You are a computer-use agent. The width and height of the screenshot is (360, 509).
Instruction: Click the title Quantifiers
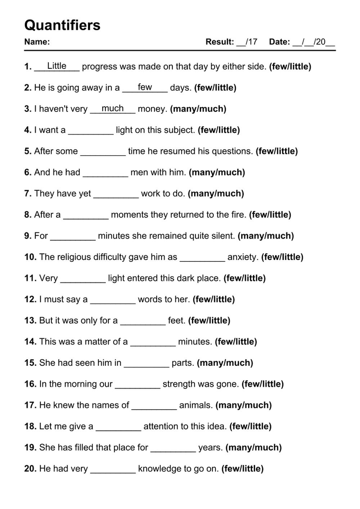62,25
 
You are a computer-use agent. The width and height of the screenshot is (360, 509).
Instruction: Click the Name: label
37,42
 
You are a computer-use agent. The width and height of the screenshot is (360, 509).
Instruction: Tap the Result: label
220,42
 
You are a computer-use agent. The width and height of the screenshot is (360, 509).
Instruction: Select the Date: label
279,42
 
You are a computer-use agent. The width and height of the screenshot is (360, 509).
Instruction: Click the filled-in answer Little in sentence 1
57,66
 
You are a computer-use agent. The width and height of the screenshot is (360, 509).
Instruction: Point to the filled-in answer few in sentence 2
145,87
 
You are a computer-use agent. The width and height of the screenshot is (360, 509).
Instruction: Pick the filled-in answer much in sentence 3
113,108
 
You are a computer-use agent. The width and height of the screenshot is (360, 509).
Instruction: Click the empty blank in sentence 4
91,130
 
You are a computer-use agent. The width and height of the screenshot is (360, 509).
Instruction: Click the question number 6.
28,172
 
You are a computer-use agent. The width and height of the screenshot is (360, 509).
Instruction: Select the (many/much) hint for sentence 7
216,194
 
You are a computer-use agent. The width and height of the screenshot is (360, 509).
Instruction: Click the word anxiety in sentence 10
243,257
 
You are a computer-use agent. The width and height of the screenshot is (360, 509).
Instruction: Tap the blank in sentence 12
113,300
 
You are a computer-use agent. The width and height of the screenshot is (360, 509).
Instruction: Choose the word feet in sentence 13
176,320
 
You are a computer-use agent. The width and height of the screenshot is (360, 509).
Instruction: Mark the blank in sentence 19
173,448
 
